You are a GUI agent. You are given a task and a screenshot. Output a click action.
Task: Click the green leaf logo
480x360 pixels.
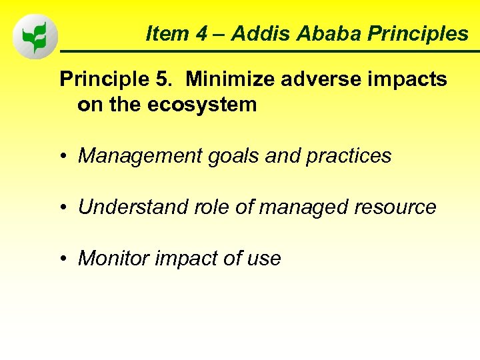35,36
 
